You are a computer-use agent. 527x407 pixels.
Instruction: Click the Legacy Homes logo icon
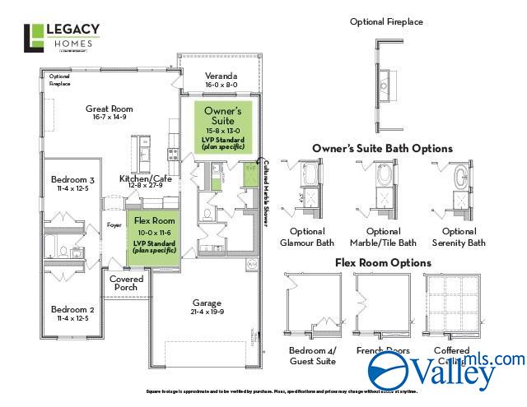[35, 38]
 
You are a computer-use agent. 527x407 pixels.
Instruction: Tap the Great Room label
[110, 109]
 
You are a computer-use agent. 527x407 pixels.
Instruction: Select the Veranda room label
[221, 75]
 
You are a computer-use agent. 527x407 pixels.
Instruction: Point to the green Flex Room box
[154, 238]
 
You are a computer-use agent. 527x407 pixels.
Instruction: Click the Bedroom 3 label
[73, 180]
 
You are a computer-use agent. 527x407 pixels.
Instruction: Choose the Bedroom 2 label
[73, 309]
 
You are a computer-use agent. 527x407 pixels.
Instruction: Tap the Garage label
[208, 302]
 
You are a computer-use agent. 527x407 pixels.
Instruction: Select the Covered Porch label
[127, 284]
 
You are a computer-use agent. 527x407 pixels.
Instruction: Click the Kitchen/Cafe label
[146, 178]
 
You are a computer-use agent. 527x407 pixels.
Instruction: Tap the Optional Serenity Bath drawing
[459, 190]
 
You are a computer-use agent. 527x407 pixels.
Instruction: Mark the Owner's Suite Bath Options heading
[382, 149]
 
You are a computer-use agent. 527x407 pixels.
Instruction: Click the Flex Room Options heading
[382, 263]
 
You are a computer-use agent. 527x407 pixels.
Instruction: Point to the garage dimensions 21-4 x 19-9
[208, 312]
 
